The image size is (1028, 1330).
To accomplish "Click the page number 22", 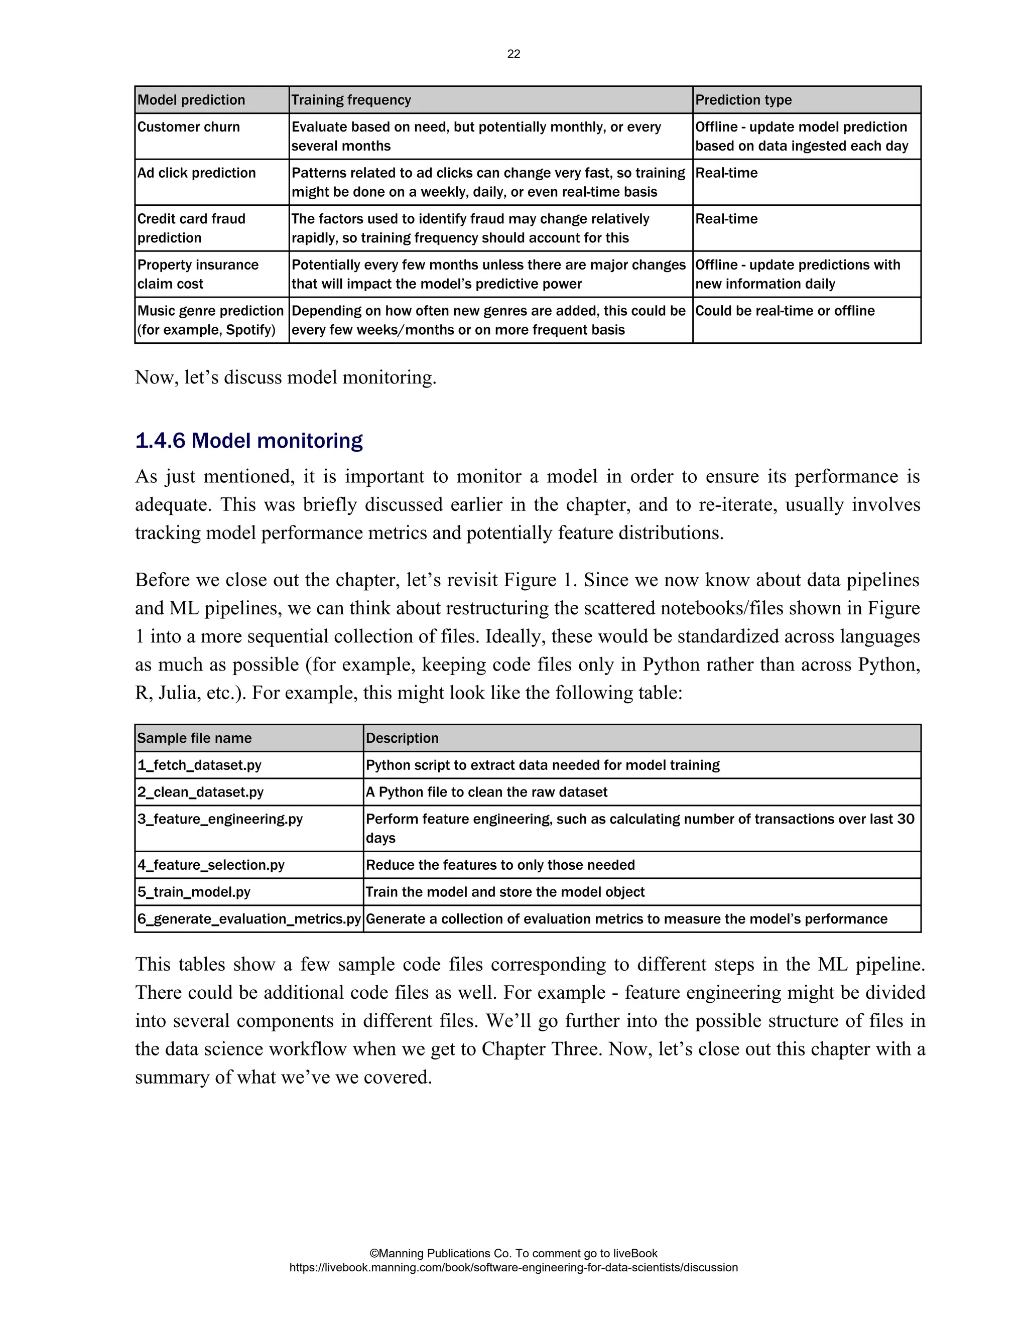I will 513,54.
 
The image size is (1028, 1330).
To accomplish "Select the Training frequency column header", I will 351,100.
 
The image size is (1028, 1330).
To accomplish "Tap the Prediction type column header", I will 743,100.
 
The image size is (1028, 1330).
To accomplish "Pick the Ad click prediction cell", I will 196,173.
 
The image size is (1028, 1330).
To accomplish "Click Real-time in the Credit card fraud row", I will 726,219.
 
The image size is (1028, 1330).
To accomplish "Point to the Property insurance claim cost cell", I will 197,274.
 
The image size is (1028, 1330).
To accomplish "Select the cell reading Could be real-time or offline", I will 785,311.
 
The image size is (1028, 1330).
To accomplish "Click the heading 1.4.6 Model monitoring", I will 248,440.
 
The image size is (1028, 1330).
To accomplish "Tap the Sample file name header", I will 194,738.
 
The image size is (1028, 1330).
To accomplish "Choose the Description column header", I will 402,738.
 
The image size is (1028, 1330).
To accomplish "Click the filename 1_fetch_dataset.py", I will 199,765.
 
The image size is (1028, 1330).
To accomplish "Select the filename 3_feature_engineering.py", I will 220,819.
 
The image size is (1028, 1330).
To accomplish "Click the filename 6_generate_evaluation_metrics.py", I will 248,918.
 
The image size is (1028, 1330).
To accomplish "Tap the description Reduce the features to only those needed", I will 500,865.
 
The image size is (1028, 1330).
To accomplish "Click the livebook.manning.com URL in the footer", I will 513,1267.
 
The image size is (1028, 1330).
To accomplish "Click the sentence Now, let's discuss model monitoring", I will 286,377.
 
